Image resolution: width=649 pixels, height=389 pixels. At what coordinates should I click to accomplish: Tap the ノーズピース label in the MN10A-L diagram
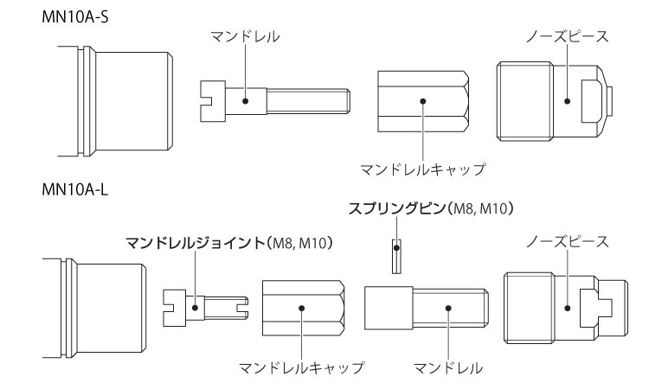567,243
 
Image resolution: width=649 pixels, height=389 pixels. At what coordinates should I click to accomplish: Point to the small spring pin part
397,255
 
